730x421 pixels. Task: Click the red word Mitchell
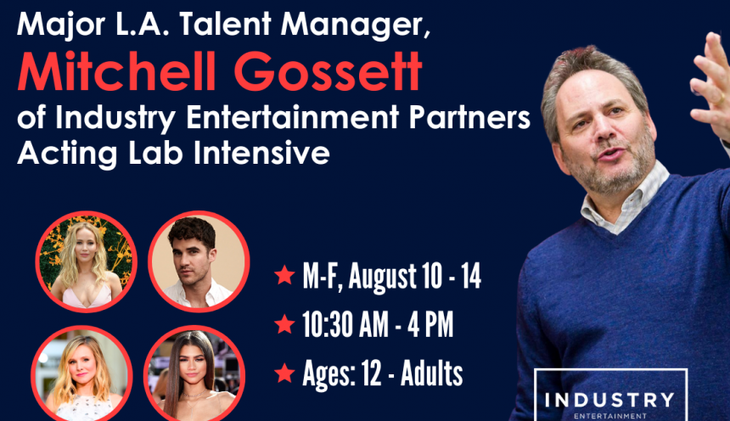coord(116,71)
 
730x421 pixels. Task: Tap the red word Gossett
coord(328,71)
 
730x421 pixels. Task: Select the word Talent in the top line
coord(225,24)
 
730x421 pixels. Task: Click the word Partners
coord(469,117)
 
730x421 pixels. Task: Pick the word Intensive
coord(261,153)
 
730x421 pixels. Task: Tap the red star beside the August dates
coord(284,275)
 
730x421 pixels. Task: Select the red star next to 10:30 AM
coord(284,324)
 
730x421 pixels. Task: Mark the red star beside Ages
coord(284,373)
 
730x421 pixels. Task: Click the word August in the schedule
coord(382,277)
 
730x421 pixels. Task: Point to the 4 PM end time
coord(430,324)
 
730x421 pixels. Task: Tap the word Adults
coord(431,373)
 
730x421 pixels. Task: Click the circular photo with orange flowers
coord(86,261)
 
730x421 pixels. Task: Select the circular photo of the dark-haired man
coord(199,261)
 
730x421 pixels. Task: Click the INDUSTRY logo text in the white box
coord(609,400)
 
